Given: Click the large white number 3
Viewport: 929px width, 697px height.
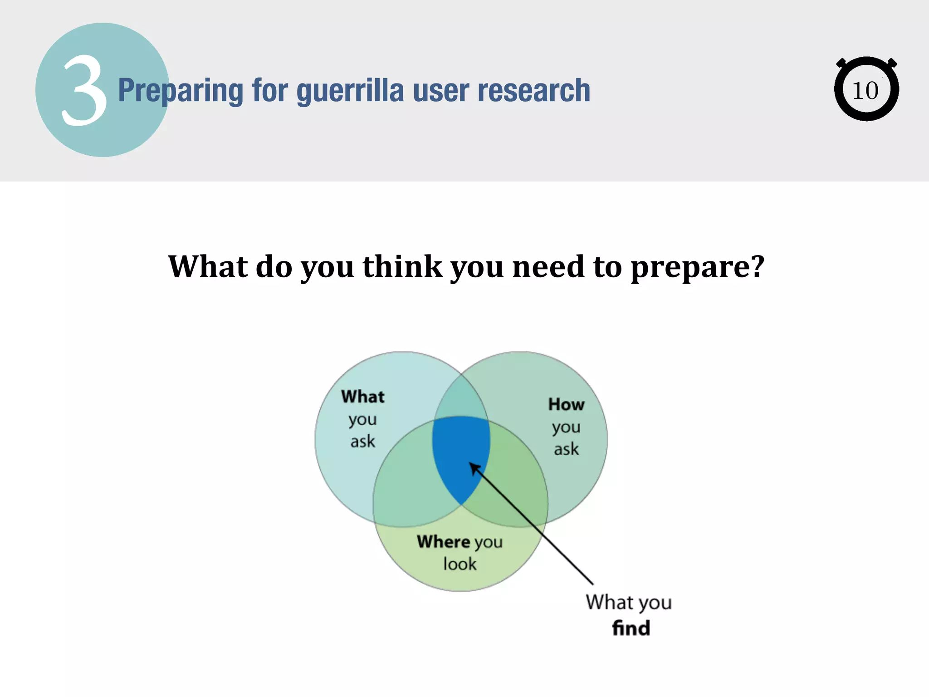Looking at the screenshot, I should coord(84,91).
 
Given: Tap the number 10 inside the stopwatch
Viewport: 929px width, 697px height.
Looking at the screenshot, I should coord(865,91).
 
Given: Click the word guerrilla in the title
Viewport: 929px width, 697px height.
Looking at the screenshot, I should coord(350,91).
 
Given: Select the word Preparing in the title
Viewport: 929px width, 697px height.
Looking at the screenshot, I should coord(181,91).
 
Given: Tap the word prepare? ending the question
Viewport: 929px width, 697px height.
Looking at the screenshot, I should coord(697,268).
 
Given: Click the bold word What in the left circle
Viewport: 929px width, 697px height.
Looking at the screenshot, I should coord(362,397).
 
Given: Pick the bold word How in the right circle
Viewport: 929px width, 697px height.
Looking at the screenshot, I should coord(566,404).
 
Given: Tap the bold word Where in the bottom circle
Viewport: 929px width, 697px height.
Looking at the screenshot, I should coord(443,541).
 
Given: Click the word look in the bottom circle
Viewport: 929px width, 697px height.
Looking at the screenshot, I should coord(460,564).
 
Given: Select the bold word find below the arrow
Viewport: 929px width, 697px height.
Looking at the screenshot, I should coord(631,628).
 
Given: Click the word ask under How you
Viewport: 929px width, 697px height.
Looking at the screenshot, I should coord(566,449).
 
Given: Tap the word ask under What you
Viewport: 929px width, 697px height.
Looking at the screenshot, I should coord(362,442).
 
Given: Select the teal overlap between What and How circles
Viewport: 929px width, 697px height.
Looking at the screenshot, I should coord(461,397).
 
